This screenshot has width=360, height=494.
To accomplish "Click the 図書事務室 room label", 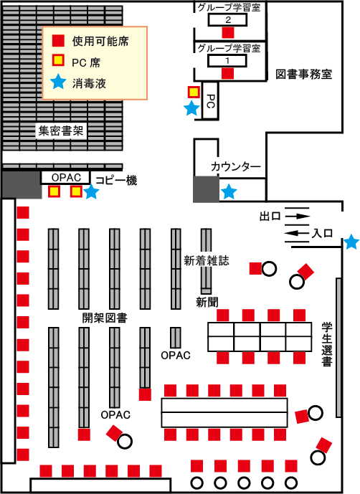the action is (x=303, y=75).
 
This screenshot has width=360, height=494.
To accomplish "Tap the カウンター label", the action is (x=236, y=166).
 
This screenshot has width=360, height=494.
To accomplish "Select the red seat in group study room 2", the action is (x=228, y=33).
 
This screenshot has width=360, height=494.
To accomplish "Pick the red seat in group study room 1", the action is (x=227, y=73).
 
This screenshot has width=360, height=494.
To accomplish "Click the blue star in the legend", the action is (x=59, y=82).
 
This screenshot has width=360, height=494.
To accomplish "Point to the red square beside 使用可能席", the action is (x=58, y=41).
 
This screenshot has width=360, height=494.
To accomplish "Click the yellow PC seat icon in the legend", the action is (x=58, y=60).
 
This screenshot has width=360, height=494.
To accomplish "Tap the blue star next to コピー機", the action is (x=91, y=191).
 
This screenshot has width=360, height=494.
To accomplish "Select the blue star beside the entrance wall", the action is (x=351, y=242).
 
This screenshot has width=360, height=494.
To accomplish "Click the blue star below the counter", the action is (x=229, y=191).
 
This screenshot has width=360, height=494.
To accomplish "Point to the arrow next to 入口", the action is (x=296, y=233).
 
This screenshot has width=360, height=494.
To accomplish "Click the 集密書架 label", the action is (x=61, y=130).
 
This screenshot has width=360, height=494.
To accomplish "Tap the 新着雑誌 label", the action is (x=207, y=260).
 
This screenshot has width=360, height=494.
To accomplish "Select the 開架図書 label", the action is (x=105, y=318).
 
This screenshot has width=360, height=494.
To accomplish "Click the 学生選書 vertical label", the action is (x=327, y=344).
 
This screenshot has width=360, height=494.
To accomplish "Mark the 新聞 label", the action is (x=207, y=302).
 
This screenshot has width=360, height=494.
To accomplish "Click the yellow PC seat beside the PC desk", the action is (x=194, y=92).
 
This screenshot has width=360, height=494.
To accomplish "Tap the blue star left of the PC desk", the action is (x=191, y=108).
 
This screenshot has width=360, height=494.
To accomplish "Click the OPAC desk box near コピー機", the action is (x=65, y=178).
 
